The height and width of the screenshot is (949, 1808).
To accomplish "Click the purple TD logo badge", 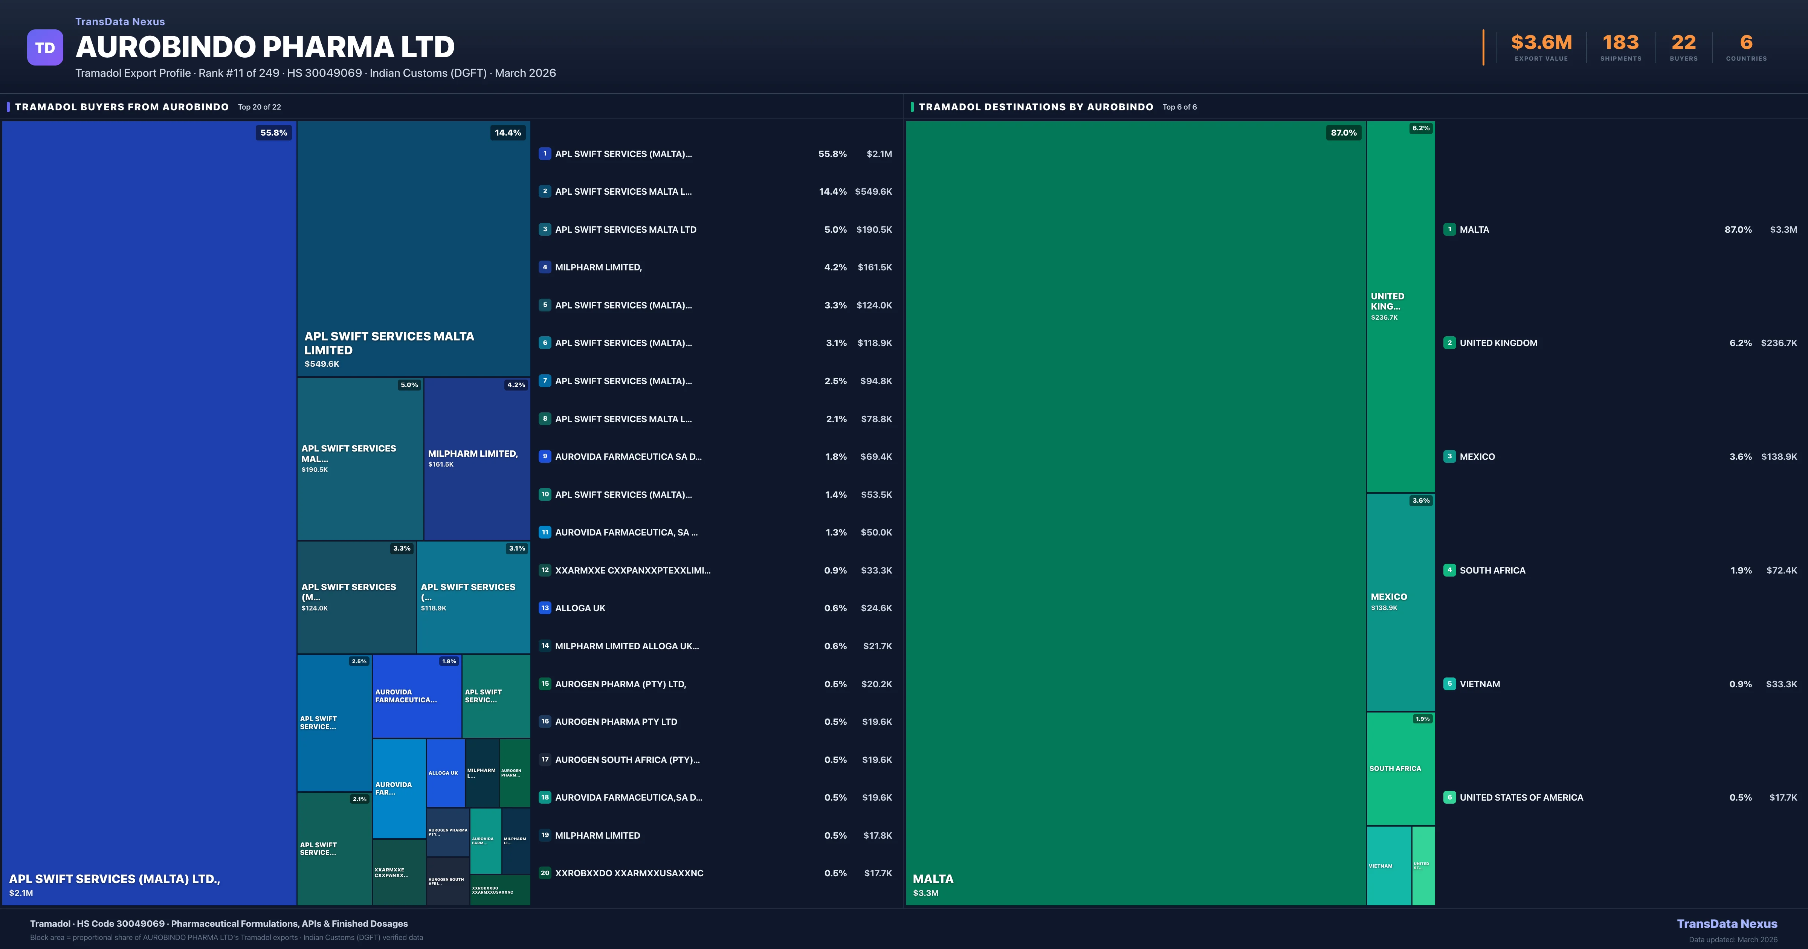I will (x=45, y=48).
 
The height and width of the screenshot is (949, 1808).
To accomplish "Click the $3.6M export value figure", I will (x=1541, y=43).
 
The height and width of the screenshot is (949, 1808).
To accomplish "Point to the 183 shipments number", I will (x=1620, y=43).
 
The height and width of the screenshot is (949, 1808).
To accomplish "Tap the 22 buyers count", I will (x=1683, y=43).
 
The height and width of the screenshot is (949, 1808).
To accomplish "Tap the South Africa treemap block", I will (x=1400, y=769).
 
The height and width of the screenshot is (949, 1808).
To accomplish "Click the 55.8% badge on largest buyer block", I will (x=274, y=133).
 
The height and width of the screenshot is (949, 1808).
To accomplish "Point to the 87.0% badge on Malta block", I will (x=1343, y=133).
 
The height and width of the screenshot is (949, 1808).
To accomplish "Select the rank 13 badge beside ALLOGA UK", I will (x=545, y=608).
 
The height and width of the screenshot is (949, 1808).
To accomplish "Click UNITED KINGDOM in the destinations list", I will (x=1498, y=343).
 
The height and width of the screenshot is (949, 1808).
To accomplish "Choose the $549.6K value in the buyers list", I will (x=873, y=192).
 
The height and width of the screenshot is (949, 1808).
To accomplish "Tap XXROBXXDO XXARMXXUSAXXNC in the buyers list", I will (x=629, y=873).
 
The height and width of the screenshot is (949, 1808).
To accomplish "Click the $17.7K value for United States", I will (x=1783, y=797).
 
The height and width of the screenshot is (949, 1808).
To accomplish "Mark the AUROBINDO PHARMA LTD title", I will (x=264, y=47).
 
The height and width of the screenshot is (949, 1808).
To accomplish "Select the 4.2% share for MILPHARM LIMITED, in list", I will (x=835, y=267).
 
